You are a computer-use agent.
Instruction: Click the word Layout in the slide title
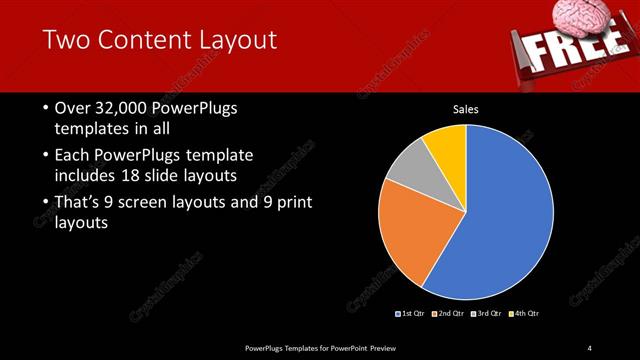click(x=234, y=41)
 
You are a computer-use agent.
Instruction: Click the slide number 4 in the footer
click(x=589, y=348)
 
